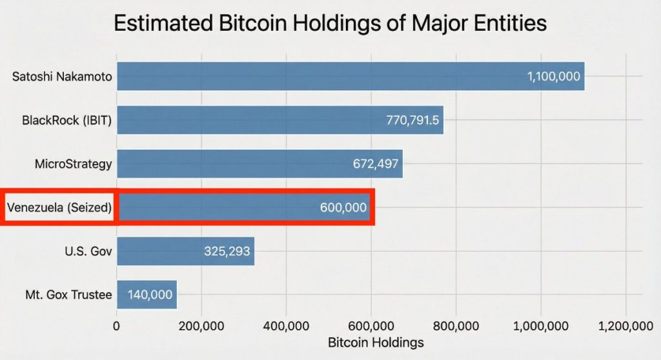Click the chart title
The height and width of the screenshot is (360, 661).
pos(330,23)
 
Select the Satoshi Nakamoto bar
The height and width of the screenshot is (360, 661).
pos(323,76)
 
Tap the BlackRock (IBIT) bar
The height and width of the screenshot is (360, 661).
pos(258,120)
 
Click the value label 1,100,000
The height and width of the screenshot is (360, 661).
pos(553,77)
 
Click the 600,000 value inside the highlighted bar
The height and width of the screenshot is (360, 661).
pos(343,208)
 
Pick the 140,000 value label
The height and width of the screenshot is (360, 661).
pos(150,295)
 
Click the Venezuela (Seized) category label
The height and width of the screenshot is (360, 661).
pos(59,208)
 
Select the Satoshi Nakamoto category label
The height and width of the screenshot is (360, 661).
pos(62,77)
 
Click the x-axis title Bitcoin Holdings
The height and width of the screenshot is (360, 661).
pos(376,342)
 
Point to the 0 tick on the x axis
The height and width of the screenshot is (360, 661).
pos(117,326)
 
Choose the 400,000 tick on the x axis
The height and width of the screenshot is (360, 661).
pos(287,326)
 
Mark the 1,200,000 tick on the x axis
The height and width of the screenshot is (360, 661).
pos(625,326)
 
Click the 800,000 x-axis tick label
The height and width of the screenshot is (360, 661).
pos(456,326)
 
